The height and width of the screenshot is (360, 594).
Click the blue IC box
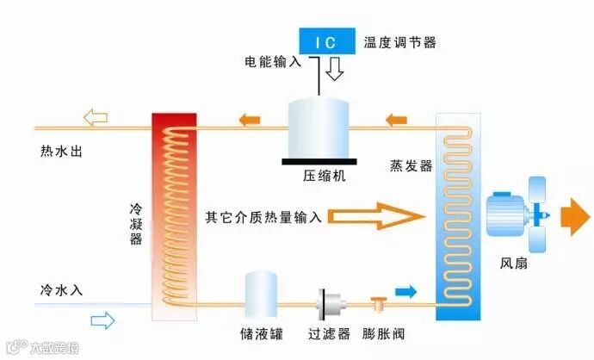click(327, 40)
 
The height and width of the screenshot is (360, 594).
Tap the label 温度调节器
click(399, 40)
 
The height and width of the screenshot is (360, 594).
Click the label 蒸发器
click(411, 166)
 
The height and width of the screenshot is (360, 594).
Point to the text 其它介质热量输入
click(263, 215)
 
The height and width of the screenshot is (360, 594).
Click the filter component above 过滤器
click(328, 304)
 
